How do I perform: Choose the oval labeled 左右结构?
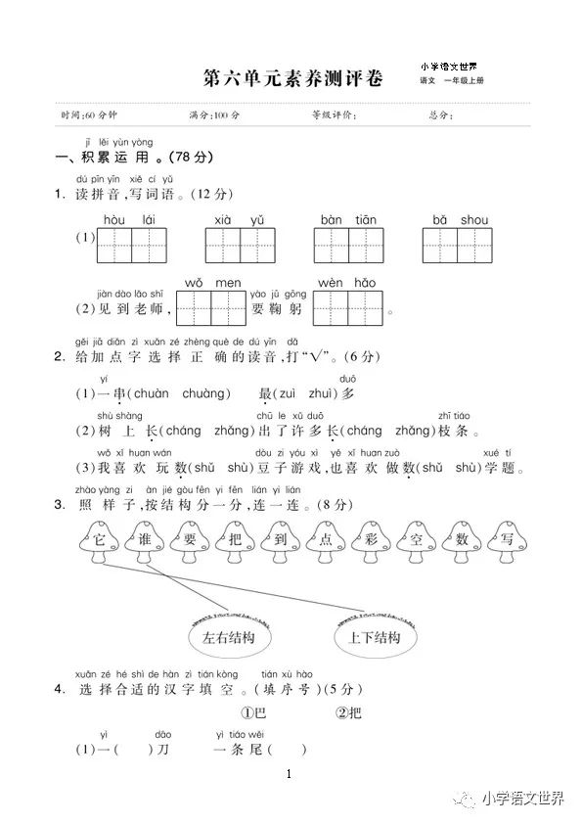228,638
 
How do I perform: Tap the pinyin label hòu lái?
129,219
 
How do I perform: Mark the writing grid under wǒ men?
212,307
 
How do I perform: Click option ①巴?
255,711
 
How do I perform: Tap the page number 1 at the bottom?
291,775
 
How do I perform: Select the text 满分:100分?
214,115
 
